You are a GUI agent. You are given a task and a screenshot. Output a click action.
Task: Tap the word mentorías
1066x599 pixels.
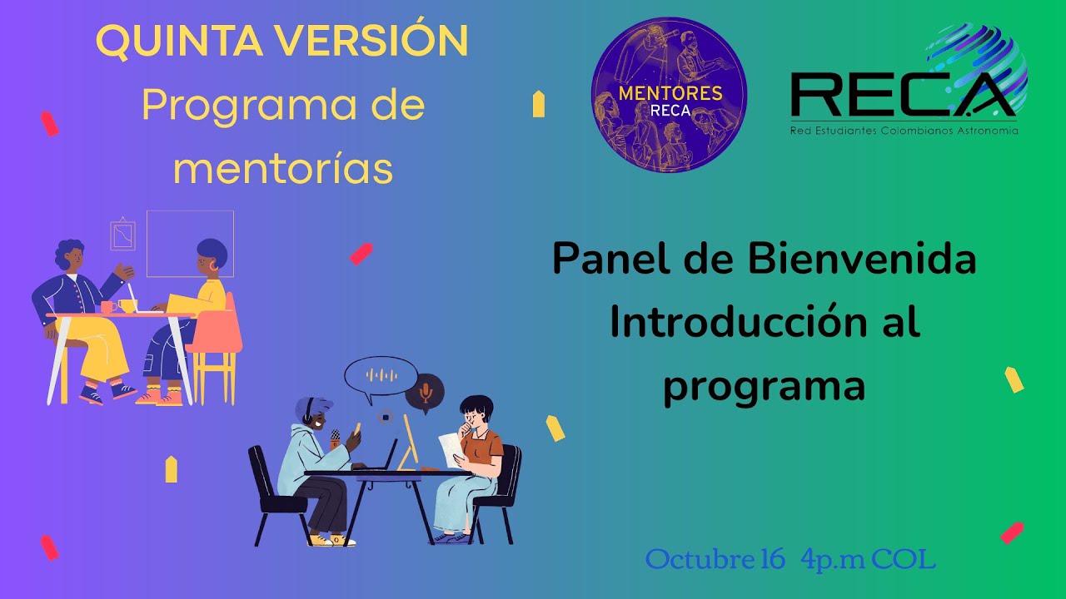pos(283,168)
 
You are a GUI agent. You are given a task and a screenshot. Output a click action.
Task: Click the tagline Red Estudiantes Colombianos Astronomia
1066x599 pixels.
pos(904,131)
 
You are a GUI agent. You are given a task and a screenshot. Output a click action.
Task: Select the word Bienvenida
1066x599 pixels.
pos(861,260)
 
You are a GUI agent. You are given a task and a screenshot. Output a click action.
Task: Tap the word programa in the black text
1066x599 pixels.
pos(764,386)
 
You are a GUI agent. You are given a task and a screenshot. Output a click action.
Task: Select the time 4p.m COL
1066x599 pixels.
pos(868,559)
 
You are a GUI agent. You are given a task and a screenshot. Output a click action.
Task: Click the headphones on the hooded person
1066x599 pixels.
pos(308,410)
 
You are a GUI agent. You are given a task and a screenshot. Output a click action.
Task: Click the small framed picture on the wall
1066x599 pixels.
pos(123,235)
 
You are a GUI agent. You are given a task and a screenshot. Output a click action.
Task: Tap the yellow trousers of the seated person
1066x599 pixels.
pos(100,349)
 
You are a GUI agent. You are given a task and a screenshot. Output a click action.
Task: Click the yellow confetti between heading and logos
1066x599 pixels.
pos(538,104)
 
